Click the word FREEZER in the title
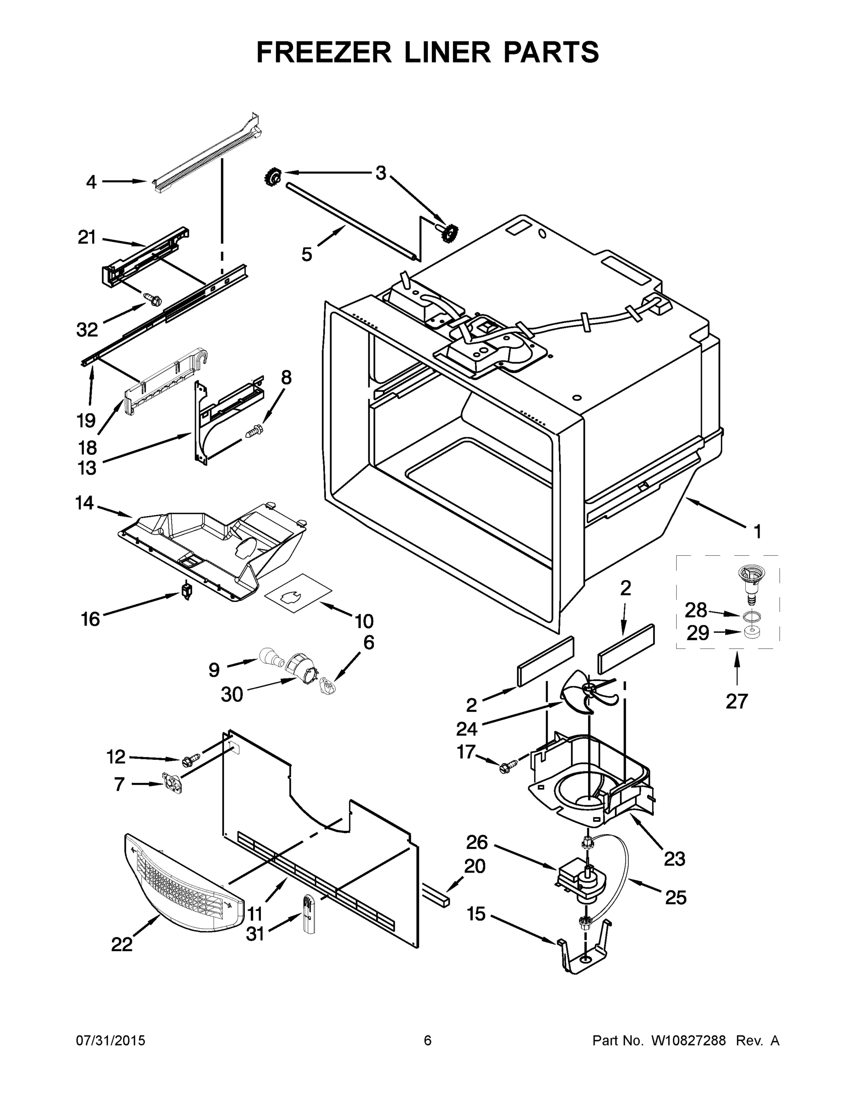click(324, 52)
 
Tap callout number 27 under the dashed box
click(736, 701)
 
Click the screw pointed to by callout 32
click(153, 299)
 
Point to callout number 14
click(85, 503)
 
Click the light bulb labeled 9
click(271, 659)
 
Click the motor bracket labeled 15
click(583, 954)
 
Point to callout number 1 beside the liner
click(757, 532)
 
